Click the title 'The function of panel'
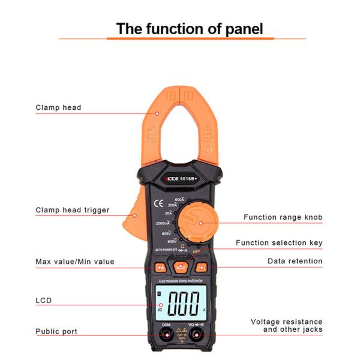(189, 28)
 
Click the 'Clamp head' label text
(58, 108)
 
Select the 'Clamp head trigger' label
(73, 210)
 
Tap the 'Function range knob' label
(283, 217)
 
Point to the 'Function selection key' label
(279, 243)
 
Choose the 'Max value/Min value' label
(75, 262)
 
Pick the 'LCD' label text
(43, 300)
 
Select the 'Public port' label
(56, 331)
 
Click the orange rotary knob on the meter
(200, 222)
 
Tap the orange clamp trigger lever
(133, 217)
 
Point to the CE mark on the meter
(159, 202)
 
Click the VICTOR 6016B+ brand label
(180, 179)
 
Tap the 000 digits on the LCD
(184, 304)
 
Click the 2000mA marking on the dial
(162, 223)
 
